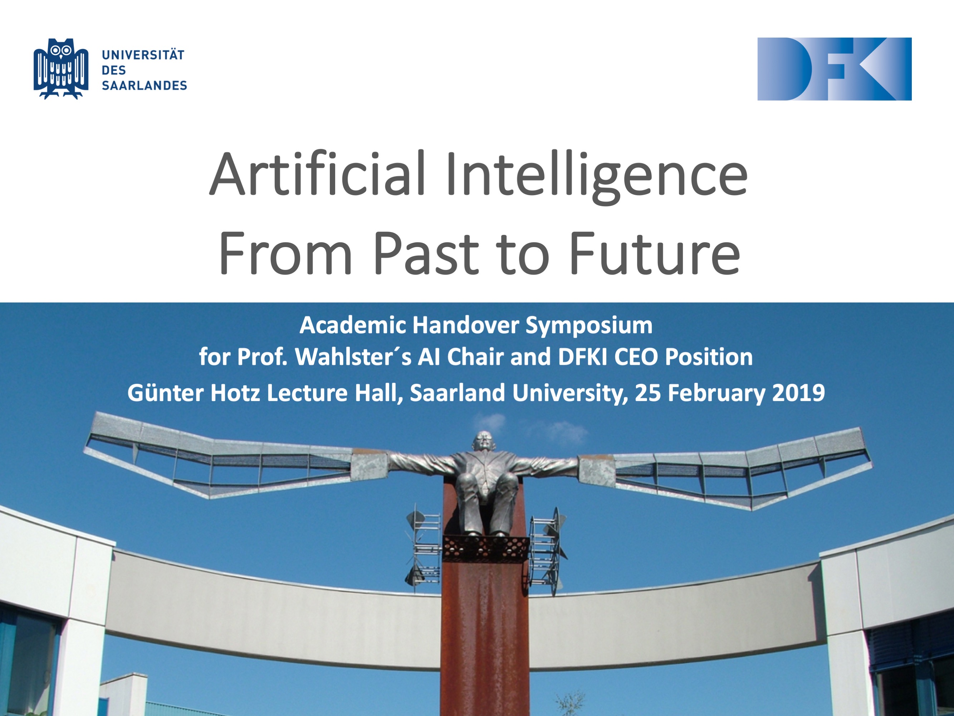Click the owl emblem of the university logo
(x=61, y=69)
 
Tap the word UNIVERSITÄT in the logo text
(x=143, y=55)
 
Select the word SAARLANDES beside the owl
(x=144, y=86)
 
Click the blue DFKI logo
(x=834, y=69)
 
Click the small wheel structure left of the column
(x=424, y=548)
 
